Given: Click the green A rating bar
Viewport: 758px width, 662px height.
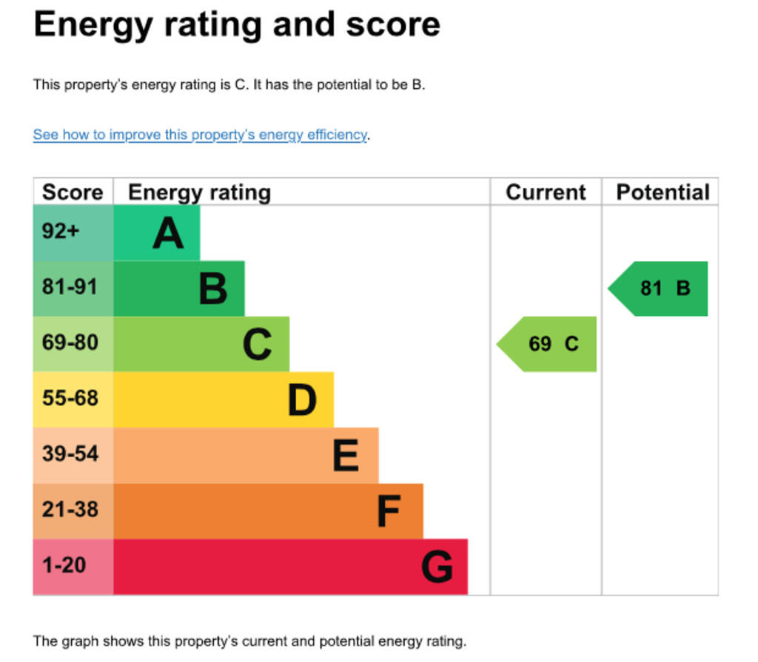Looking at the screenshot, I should [156, 232].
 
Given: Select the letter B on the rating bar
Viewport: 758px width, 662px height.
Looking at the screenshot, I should [213, 288].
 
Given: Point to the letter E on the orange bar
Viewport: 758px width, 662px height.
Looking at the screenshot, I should [346, 455].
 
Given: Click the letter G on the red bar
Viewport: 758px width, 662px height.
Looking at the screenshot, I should [437, 567].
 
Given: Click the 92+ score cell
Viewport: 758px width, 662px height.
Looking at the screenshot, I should [73, 232].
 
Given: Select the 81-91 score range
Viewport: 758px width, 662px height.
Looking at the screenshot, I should [73, 288].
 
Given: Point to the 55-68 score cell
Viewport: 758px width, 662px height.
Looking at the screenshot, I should [73, 399].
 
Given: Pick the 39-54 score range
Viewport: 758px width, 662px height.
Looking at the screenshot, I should [73, 455].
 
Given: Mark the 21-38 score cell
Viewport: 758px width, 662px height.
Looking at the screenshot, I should [73, 510].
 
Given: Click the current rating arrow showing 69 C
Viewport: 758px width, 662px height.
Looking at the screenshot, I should [549, 344].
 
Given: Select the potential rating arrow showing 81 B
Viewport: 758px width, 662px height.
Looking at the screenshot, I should [661, 288].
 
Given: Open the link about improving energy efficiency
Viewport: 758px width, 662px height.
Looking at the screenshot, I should [200, 135].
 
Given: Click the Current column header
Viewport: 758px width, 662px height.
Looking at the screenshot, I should [546, 192].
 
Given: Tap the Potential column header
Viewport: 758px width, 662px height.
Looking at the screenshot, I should [663, 192].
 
